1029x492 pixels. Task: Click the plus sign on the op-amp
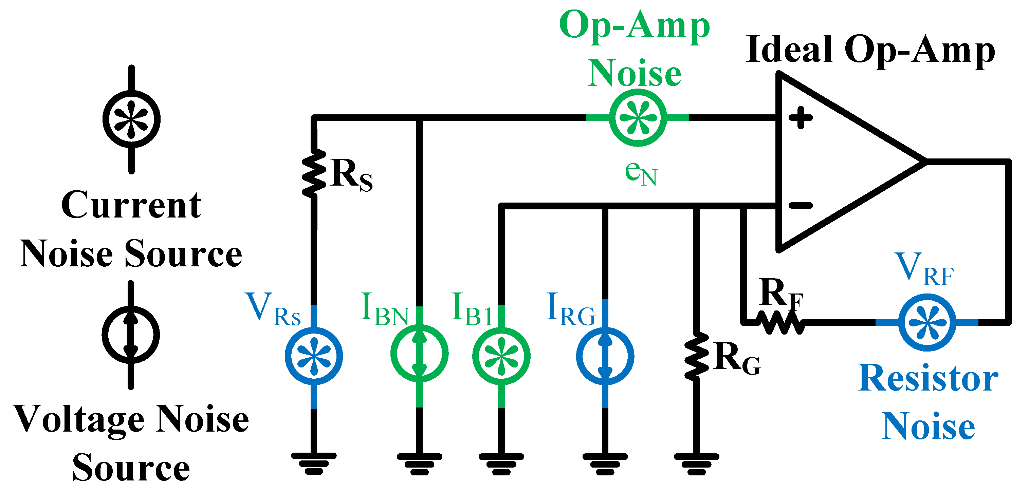click(801, 118)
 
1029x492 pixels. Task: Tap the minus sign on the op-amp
click(801, 205)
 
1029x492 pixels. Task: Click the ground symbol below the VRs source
click(314, 463)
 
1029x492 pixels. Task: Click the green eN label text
click(641, 173)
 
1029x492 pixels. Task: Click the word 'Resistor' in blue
click(928, 378)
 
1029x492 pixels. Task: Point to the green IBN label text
click(385, 309)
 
